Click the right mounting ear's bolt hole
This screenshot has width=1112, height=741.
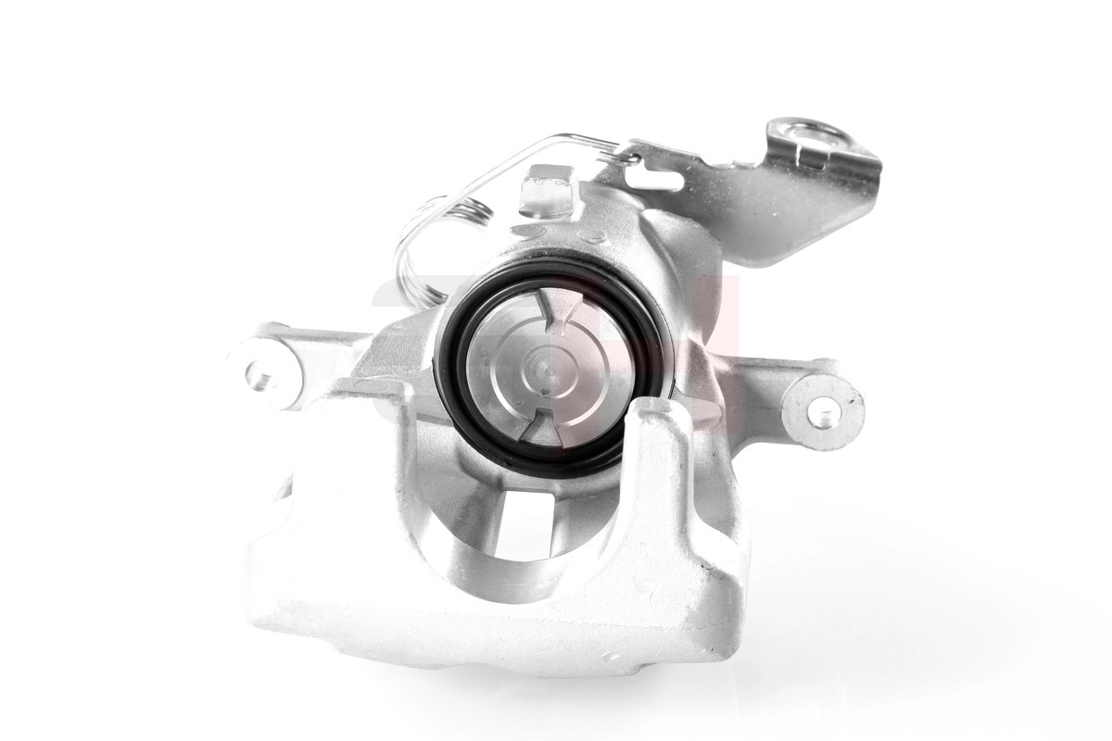tap(824, 412)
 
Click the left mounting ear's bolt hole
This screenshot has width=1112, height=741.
tap(261, 375)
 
